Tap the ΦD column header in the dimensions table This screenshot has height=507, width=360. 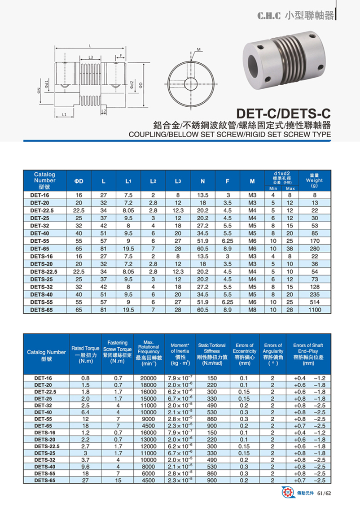point(79,181)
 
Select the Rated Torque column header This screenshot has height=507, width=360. point(85,354)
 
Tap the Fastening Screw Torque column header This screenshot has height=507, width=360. point(117,352)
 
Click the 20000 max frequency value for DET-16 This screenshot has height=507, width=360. point(149,378)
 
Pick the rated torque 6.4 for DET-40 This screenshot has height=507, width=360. point(85,412)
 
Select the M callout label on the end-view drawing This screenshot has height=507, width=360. point(198,48)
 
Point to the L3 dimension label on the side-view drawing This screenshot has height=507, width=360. point(91,57)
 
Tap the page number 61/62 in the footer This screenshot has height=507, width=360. point(324,494)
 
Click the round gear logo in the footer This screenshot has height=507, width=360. point(286,494)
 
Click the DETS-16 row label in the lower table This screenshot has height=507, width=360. point(44,432)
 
